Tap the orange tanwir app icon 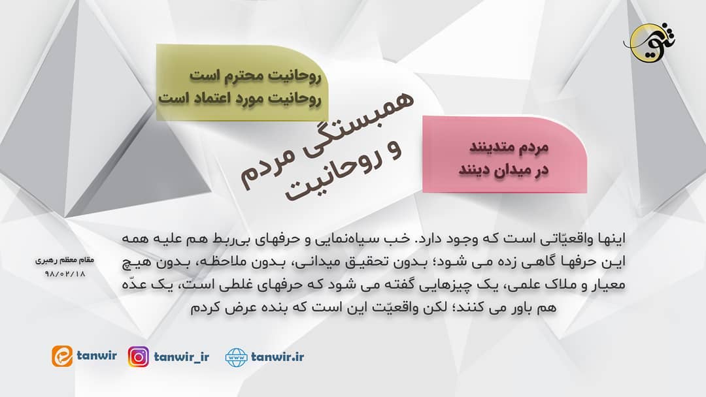click(x=63, y=357)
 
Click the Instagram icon click(x=138, y=357)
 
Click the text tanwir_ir click(x=183, y=357)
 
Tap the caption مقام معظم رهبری click(x=65, y=260)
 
